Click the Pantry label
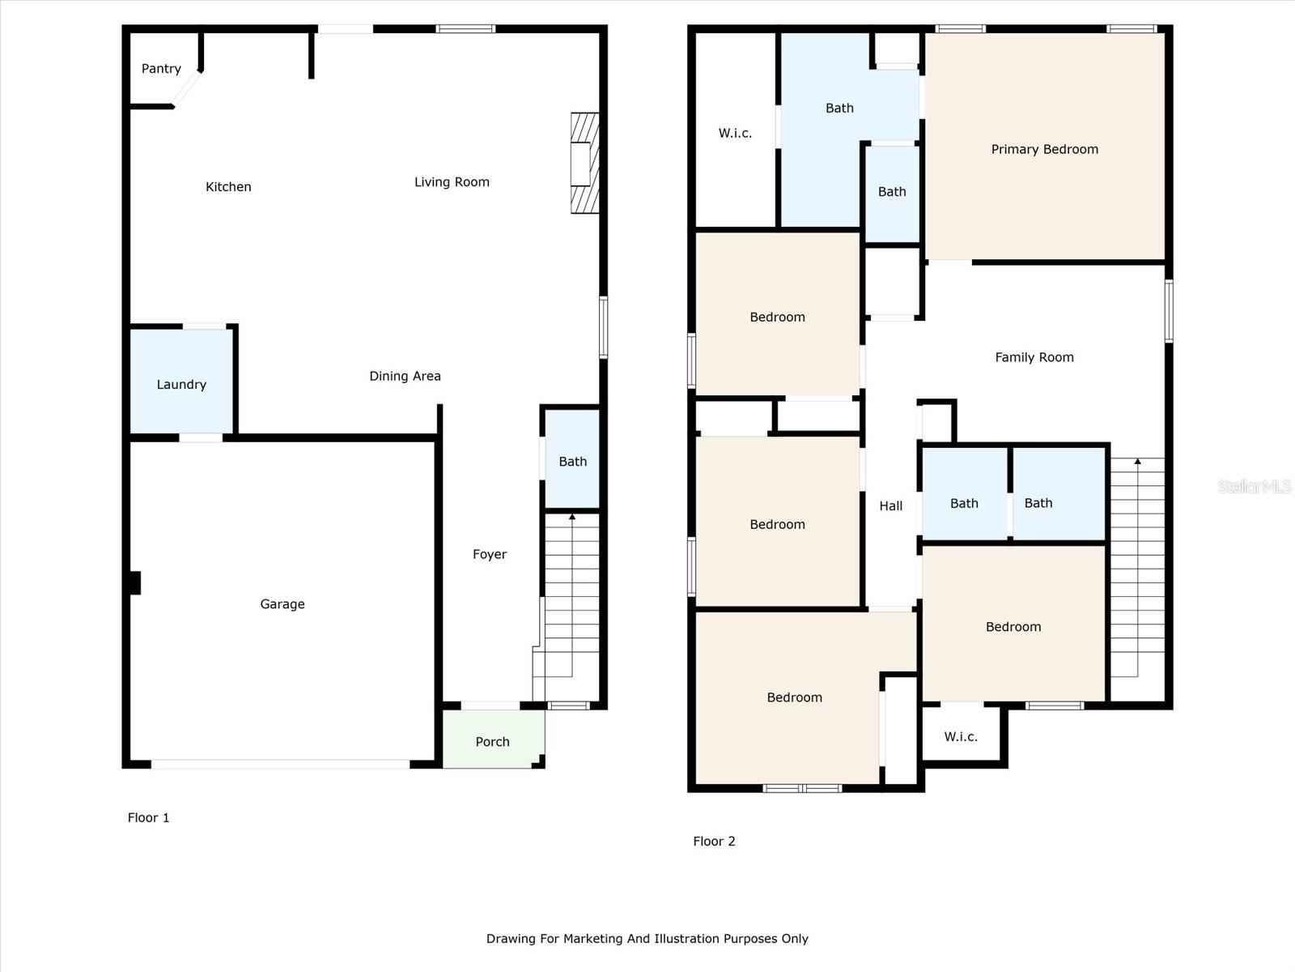(x=161, y=69)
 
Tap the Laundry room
(x=181, y=381)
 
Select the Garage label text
(x=282, y=603)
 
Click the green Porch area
(x=493, y=739)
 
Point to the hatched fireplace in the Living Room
(x=584, y=163)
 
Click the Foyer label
(x=490, y=554)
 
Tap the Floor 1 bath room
(x=571, y=458)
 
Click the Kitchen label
(x=228, y=187)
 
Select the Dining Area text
(x=405, y=376)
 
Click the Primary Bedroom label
(x=1044, y=149)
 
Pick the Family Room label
(x=1034, y=357)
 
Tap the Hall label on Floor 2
(x=891, y=505)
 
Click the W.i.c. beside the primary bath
(x=735, y=133)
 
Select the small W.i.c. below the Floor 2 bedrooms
(x=961, y=736)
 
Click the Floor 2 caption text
(x=714, y=841)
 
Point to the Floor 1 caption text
(x=148, y=817)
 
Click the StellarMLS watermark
(x=1255, y=486)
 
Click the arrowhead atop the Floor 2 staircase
(x=1137, y=461)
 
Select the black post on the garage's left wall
(x=135, y=582)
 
